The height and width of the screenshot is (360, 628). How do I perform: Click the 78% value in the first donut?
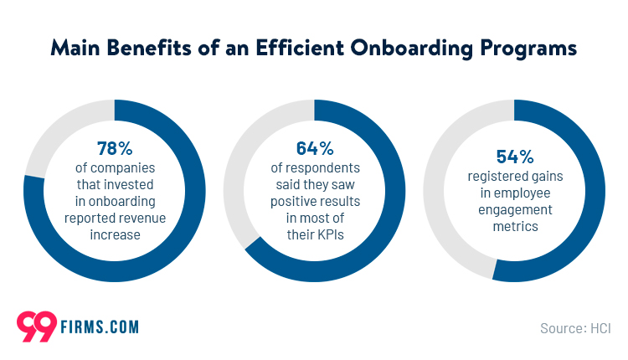(115, 149)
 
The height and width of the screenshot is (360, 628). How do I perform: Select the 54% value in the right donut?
(513, 155)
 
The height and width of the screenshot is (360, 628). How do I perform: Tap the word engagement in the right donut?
(513, 210)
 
